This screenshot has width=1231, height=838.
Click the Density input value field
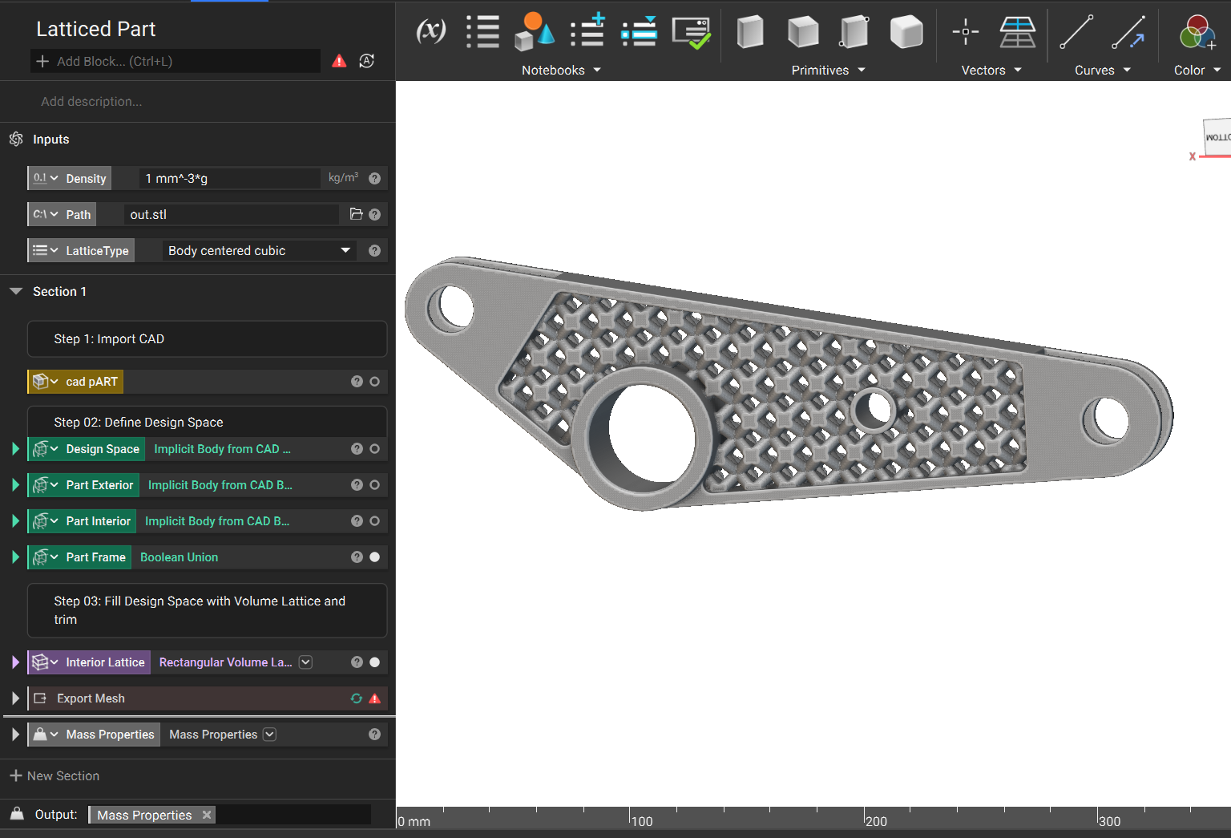pyautogui.click(x=229, y=178)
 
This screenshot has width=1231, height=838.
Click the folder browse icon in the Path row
pyautogui.click(x=356, y=214)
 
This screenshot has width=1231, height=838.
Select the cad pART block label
pyautogui.click(x=91, y=382)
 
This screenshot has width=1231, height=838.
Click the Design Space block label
pyautogui.click(x=103, y=449)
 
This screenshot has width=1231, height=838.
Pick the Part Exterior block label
pyautogui.click(x=99, y=485)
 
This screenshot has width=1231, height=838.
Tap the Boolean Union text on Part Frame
pyautogui.click(x=180, y=557)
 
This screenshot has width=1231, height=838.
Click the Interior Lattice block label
pyautogui.click(x=105, y=662)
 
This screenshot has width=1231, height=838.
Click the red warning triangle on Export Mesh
pyautogui.click(x=375, y=698)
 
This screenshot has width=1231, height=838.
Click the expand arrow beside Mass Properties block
pyautogui.click(x=15, y=735)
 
